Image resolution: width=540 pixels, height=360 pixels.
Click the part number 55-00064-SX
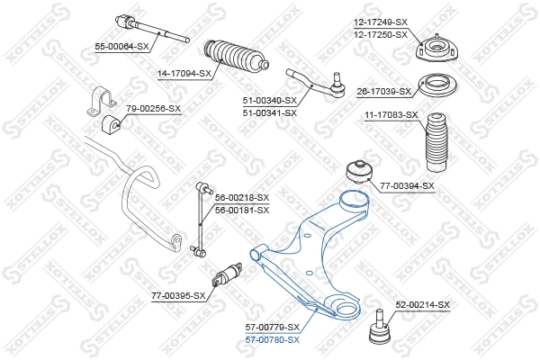coord(122,45)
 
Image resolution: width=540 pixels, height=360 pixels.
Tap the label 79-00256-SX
coord(153,108)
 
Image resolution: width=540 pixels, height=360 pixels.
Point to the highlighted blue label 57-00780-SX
coord(273,338)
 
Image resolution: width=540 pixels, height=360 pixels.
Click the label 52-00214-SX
coord(422,305)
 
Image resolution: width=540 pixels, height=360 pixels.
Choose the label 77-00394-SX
coord(407,186)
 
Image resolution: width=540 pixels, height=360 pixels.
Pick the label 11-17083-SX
coord(391,115)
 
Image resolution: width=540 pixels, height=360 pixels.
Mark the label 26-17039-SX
coord(384,91)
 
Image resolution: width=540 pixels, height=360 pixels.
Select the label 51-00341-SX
coord(270,112)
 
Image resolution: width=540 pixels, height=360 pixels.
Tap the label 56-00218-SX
coord(242,197)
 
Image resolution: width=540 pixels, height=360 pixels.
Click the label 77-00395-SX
coord(179,294)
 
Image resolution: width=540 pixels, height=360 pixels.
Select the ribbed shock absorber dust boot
coord(436,142)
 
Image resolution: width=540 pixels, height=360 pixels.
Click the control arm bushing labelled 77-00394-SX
coord(359,170)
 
